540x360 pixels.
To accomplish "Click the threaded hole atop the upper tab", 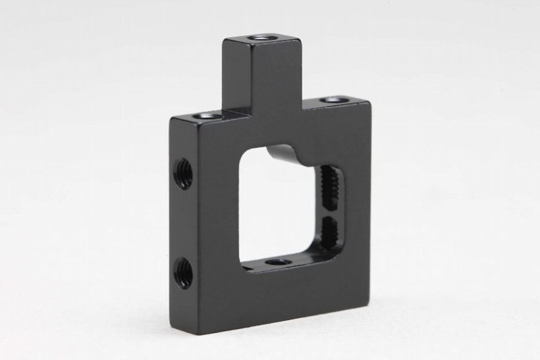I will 260,39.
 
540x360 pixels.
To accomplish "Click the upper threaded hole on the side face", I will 183,165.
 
